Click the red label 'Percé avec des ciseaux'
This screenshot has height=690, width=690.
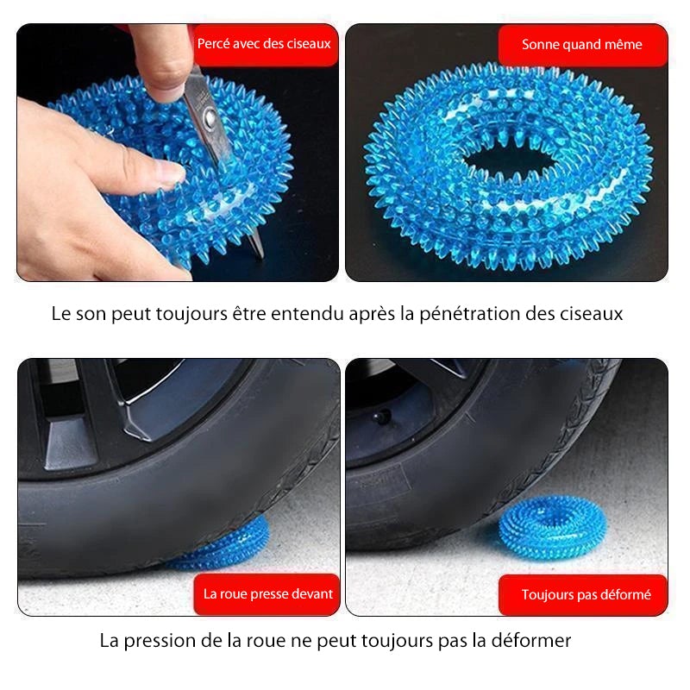click(264, 44)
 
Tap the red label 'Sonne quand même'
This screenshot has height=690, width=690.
click(582, 45)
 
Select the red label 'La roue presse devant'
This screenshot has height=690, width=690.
click(267, 593)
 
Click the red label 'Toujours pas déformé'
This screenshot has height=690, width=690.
click(586, 594)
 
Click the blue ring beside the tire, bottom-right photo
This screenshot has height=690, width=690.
click(552, 525)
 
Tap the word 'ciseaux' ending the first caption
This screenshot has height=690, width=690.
click(593, 314)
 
